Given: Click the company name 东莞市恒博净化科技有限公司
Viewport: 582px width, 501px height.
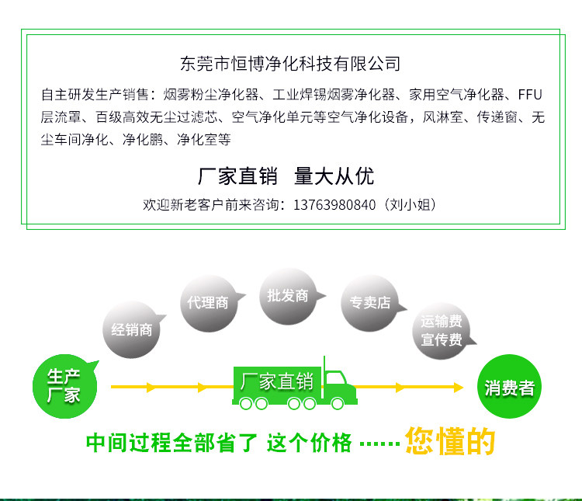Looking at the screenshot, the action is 290,63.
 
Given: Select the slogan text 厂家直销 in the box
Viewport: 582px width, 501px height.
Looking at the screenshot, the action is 237,176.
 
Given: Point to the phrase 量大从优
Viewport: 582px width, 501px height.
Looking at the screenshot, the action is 334,176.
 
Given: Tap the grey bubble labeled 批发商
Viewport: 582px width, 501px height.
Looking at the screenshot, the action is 287,296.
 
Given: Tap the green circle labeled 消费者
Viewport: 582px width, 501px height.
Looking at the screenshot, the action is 509,388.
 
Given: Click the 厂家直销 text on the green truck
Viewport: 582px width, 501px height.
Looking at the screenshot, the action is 276,381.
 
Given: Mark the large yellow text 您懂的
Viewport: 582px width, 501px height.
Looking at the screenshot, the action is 450,441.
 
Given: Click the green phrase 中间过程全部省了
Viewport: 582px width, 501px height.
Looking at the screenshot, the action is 171,444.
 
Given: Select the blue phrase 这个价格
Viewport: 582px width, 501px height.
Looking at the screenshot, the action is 309,444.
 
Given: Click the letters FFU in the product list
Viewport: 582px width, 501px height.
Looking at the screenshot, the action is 530,96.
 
